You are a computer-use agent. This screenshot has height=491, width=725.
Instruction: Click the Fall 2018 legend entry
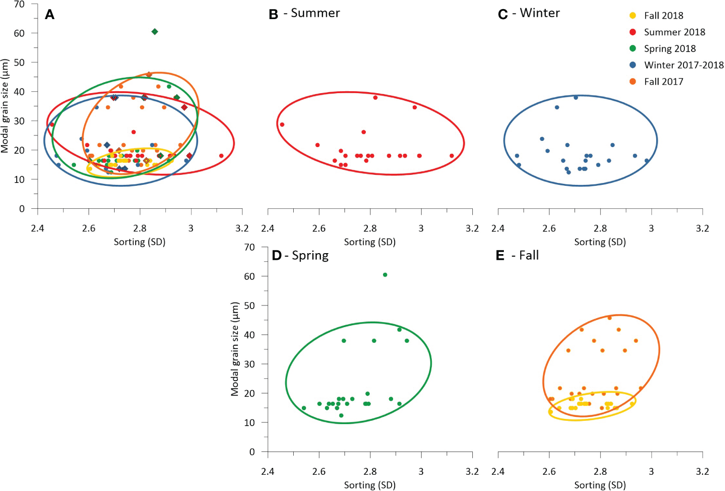point(663,16)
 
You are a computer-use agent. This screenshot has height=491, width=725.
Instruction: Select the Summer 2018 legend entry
point(674,32)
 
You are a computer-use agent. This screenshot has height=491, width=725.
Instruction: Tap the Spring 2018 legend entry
point(669,49)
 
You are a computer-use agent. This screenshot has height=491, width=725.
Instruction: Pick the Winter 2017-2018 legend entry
point(683,65)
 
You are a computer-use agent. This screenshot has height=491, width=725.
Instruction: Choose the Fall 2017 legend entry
point(663,82)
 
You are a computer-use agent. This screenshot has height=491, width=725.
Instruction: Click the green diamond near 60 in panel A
point(155,32)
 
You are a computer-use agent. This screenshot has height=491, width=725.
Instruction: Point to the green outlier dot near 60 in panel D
point(385,275)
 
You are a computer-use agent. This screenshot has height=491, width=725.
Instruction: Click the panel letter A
point(50,15)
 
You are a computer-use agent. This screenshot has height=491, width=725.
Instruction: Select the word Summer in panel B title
point(315,13)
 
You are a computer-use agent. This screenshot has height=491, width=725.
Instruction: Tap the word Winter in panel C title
point(540,13)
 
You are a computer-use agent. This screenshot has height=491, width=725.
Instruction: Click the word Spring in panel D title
point(310,256)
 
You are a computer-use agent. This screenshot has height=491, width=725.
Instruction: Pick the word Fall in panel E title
point(529,256)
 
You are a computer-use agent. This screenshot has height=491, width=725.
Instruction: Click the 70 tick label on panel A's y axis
point(19,4)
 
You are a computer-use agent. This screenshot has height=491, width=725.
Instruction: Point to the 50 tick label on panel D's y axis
point(249,306)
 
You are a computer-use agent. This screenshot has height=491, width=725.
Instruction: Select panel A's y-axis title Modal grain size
point(5,106)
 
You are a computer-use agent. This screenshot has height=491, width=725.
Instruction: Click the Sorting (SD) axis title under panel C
point(600,242)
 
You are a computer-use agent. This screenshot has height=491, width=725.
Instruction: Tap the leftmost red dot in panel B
point(282,125)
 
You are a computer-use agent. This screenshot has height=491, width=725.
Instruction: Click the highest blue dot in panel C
point(576,97)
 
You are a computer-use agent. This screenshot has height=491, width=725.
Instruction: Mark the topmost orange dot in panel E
point(609,318)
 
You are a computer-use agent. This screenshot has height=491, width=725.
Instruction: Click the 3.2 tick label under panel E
point(702,471)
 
